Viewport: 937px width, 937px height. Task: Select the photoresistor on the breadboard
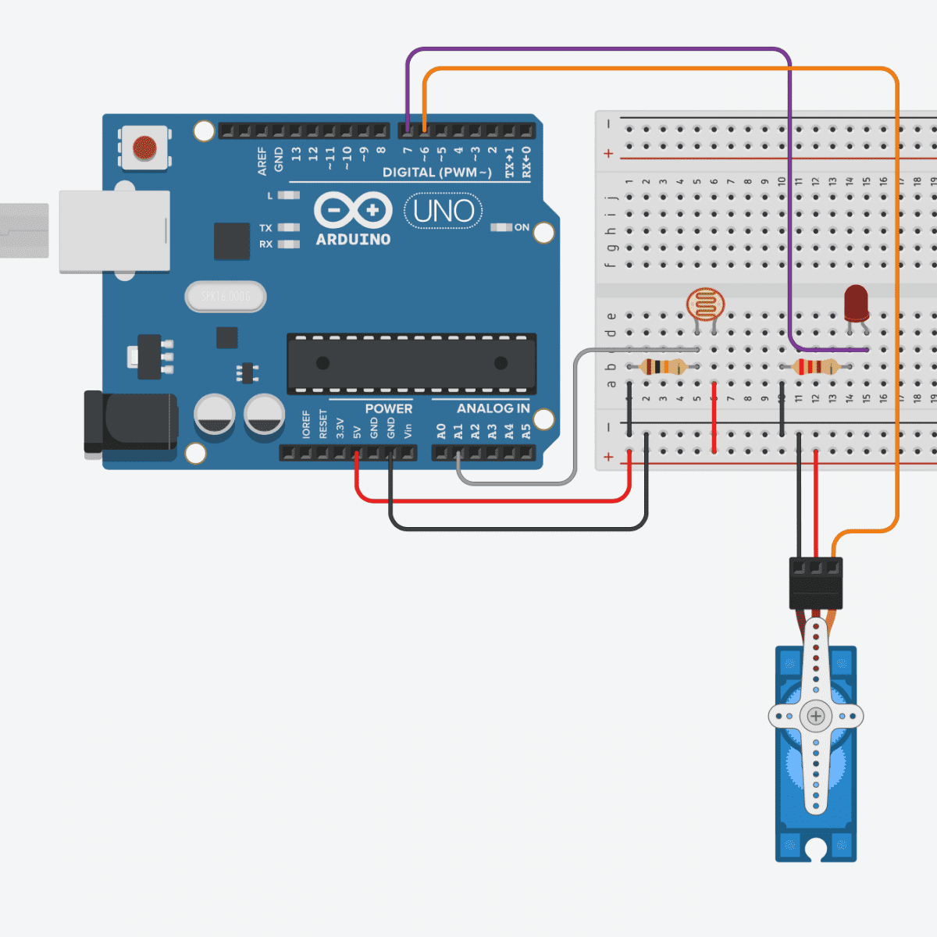tap(705, 305)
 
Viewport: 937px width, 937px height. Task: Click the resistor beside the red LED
tap(816, 367)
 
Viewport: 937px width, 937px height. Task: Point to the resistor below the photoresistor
tap(663, 367)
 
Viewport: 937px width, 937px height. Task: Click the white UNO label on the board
tap(444, 212)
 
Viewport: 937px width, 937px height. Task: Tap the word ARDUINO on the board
tap(353, 240)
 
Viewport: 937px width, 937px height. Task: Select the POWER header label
tap(388, 408)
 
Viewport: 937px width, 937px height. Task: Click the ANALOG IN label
tap(493, 408)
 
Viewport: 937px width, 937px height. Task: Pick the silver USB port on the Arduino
tap(114, 231)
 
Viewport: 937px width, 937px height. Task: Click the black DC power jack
tap(131, 422)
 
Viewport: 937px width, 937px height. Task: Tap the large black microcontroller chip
tap(411, 363)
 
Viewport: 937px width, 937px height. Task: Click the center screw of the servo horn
tap(816, 715)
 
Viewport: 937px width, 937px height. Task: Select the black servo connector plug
tap(816, 583)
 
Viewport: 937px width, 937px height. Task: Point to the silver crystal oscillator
tap(226, 297)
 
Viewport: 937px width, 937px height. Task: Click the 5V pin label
tap(357, 431)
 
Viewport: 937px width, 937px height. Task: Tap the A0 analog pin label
tap(441, 431)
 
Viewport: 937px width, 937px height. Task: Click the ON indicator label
tap(522, 227)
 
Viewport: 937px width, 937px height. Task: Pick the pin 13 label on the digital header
tap(296, 154)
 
